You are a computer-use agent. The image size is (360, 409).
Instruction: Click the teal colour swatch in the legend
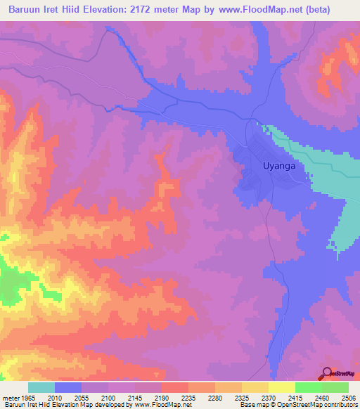(41, 387)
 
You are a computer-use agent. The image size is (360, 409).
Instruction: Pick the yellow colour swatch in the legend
(281, 387)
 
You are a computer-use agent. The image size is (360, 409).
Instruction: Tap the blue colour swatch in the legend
(68, 387)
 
